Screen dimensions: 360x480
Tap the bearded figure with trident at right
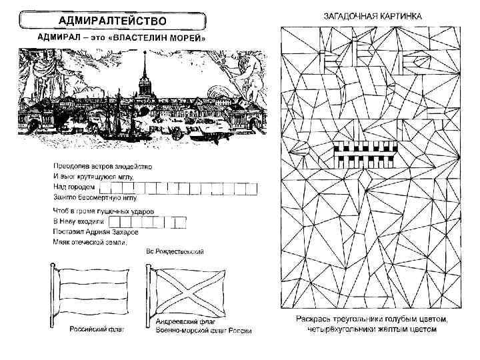[247, 73]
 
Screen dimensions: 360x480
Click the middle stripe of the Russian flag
[93, 291]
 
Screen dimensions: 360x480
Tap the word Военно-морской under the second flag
[173, 331]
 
